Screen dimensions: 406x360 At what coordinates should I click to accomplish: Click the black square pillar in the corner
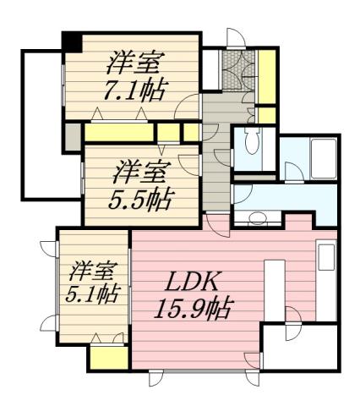coord(73,41)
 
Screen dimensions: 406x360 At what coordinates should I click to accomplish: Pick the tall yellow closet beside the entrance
coord(268,74)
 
